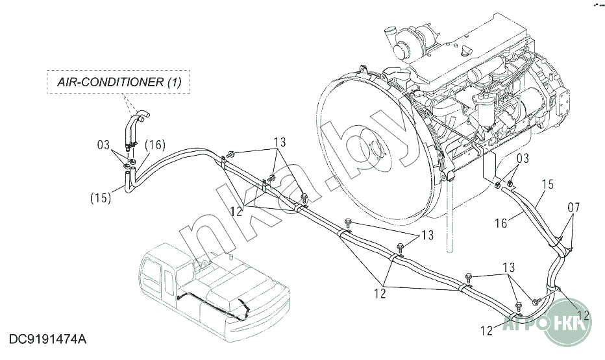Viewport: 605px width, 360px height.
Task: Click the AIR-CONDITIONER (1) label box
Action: tap(118, 82)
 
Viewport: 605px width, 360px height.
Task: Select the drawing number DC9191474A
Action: tap(48, 339)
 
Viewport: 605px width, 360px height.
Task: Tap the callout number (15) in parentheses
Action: tap(101, 198)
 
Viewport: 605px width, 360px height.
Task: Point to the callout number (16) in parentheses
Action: tap(155, 145)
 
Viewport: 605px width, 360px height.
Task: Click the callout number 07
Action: tap(574, 208)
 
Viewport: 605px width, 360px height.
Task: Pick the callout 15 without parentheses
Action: tap(547, 185)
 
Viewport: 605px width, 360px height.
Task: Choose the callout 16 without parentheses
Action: tap(501, 223)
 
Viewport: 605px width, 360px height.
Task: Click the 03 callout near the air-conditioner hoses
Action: tap(103, 145)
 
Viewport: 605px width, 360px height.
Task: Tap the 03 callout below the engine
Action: tap(523, 158)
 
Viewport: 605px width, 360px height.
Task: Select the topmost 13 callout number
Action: tap(280, 142)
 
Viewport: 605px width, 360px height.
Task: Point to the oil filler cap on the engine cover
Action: tap(466, 50)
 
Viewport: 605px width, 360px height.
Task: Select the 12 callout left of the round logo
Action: tap(488, 331)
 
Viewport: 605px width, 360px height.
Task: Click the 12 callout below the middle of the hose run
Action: tap(380, 293)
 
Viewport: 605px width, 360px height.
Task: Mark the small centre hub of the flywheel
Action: tap(377, 150)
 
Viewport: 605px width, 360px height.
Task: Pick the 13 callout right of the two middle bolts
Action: tap(428, 235)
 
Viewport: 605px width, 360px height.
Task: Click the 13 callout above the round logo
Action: tap(508, 267)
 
